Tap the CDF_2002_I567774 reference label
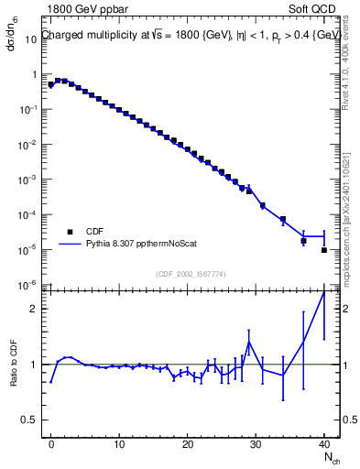[191, 274]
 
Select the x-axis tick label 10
[119, 443]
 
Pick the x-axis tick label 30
[256, 443]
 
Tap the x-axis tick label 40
[323, 443]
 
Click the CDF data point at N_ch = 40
[324, 250]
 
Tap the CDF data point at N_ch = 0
[51, 85]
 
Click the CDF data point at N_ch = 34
[283, 220]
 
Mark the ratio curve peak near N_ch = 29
[249, 343]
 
